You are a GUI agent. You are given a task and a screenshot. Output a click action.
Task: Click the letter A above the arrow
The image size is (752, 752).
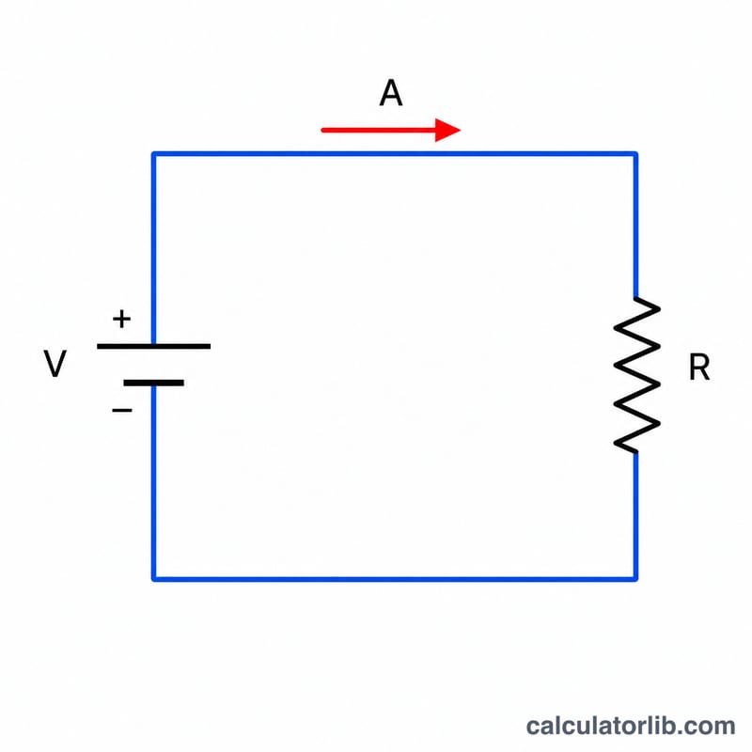(391, 93)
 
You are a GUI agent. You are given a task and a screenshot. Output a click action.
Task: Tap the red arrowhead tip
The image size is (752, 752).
(461, 130)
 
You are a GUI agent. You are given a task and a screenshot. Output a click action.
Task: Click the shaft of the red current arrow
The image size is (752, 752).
(379, 130)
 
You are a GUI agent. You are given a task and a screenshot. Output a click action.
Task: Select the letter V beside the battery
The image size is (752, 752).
(55, 364)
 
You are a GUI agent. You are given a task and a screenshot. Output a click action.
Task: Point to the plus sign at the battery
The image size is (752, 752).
(122, 319)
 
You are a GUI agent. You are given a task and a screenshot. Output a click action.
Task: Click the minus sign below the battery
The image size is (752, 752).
(122, 410)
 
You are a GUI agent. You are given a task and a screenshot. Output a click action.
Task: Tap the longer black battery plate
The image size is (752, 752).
(153, 346)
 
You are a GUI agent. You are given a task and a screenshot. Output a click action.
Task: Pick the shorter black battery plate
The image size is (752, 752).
(153, 383)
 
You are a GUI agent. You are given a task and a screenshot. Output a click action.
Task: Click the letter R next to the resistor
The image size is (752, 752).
(698, 368)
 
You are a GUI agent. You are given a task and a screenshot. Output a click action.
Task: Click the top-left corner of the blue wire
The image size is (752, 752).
(153, 154)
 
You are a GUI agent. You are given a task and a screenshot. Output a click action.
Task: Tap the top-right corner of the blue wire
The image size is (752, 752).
(635, 154)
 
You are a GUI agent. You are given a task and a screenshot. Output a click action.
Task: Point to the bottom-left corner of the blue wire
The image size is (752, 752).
(153, 579)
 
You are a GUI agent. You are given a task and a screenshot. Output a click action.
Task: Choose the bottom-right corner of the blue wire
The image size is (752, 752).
(635, 579)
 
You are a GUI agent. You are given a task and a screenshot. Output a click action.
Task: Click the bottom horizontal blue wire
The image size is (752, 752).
(395, 579)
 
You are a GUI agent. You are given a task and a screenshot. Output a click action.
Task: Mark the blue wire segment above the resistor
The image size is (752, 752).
(635, 226)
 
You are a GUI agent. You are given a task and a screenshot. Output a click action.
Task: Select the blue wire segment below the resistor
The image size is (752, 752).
(635, 515)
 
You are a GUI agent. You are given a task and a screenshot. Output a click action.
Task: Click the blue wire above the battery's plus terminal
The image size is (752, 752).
(153, 248)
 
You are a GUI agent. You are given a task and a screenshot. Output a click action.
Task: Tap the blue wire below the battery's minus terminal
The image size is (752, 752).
(153, 482)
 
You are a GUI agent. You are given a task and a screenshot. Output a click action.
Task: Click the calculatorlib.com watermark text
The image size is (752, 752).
(631, 726)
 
